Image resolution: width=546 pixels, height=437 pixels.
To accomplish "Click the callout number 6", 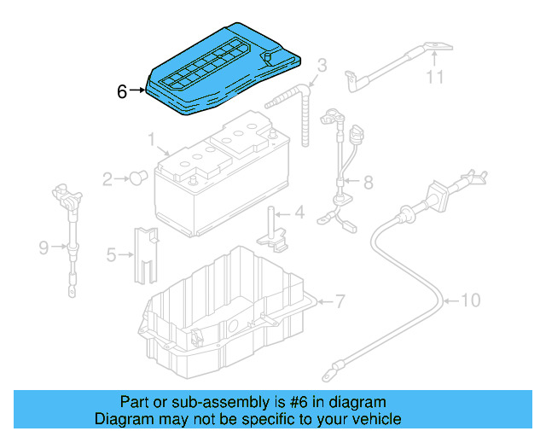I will pos(122,90).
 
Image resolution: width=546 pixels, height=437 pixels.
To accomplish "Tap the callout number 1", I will pos(151,138).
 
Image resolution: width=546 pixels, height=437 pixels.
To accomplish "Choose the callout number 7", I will pos(339,301).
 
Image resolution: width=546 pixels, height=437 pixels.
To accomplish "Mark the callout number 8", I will pos(368,182).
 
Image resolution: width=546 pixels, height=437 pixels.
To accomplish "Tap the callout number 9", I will pos(44,248).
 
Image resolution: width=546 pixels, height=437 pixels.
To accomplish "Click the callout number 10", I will pos(471,300).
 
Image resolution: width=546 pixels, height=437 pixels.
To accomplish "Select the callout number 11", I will pos(436,78).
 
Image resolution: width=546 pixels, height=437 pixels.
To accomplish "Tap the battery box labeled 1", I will pos(222,184).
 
